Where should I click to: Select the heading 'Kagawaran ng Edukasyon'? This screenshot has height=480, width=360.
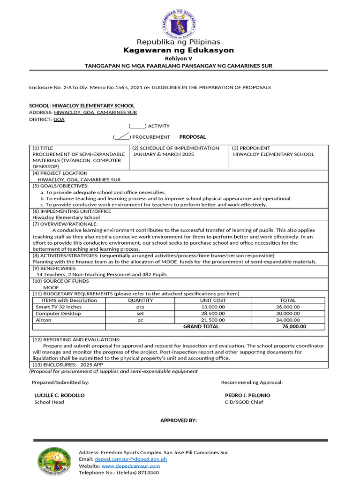pos(178,50)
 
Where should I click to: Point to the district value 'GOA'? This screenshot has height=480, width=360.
pos(59,120)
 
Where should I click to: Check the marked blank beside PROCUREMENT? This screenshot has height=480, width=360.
pos(121,137)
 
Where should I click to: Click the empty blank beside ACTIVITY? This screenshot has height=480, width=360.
pos(137,126)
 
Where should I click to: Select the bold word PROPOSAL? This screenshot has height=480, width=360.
pos(192,137)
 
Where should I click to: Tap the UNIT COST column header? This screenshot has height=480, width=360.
pos(213,300)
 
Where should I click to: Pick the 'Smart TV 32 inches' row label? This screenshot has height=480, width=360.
pos(59,307)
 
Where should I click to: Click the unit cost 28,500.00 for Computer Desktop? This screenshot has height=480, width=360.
pos(213,314)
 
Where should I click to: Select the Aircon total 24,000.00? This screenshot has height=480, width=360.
pos(287,320)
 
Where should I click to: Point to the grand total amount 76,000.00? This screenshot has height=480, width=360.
pos(294,327)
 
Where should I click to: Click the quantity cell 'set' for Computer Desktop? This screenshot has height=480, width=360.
pos(140,314)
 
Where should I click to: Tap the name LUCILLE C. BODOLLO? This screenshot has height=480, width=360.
pos(60,395)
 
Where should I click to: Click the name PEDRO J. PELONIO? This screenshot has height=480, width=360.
pos(247,395)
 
